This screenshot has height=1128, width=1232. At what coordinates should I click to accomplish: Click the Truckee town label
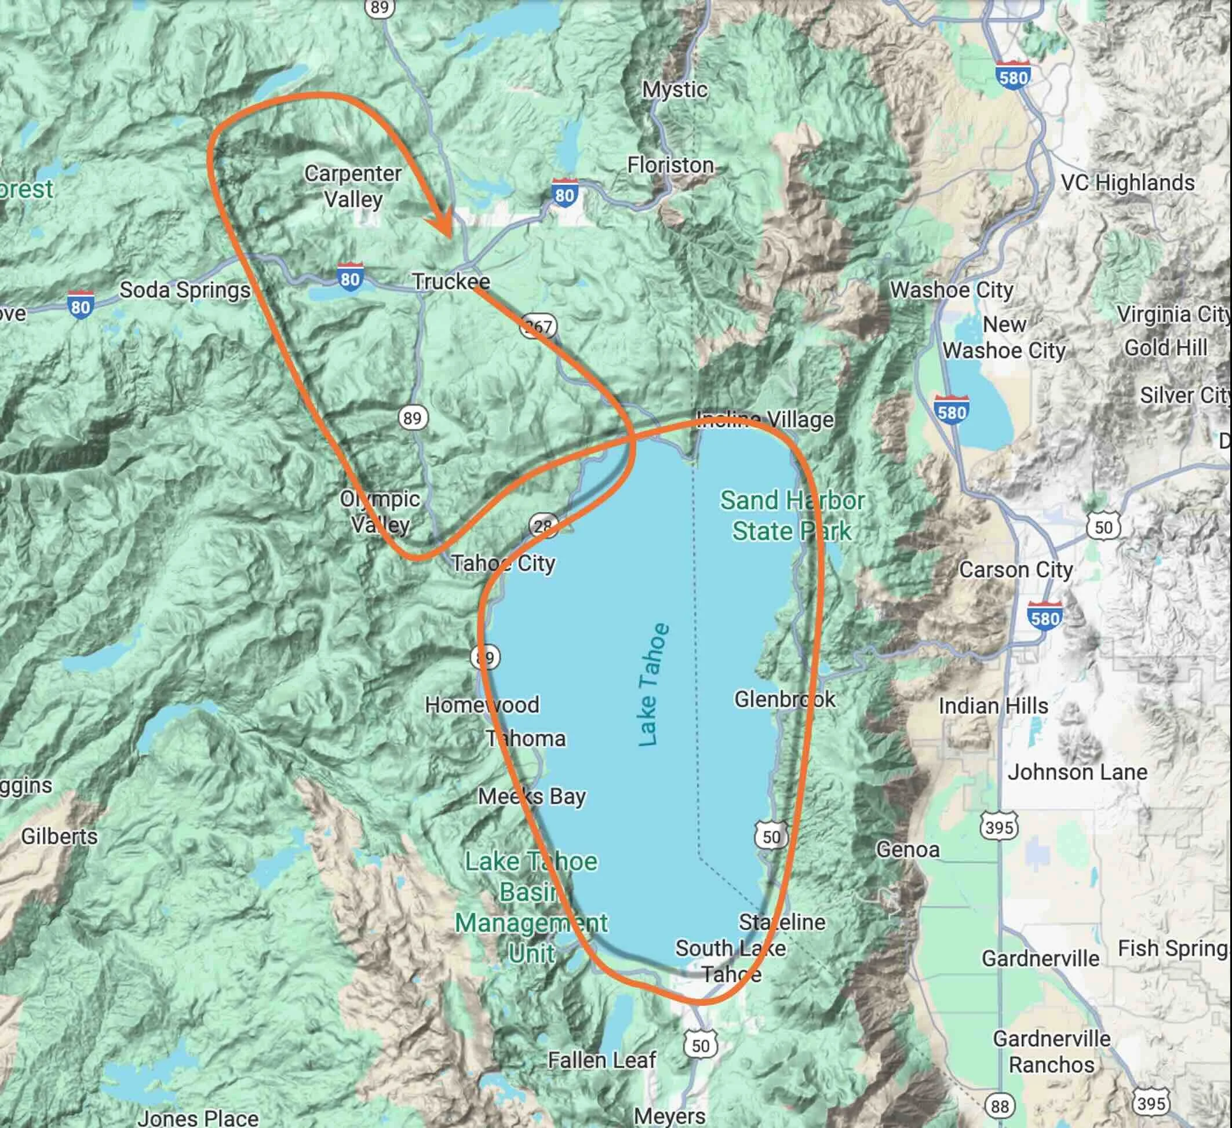coord(451,281)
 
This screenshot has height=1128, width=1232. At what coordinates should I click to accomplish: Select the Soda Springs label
coord(184,290)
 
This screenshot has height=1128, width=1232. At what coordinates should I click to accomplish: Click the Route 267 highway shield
coord(538,326)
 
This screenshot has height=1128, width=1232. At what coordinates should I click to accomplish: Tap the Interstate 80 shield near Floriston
coord(564,194)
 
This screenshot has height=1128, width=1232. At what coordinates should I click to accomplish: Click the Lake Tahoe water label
coord(653,684)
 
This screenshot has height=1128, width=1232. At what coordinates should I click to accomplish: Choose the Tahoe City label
coord(503,563)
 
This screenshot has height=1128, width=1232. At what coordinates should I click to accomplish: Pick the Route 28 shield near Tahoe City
coord(542,525)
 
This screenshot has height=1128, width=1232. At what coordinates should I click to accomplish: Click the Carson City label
coord(1016,570)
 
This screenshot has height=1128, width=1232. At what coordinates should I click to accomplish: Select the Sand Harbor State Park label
coord(792,516)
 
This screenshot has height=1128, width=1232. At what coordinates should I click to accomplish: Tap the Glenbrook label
coord(785,699)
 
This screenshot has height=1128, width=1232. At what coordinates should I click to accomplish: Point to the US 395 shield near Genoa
coord(999,827)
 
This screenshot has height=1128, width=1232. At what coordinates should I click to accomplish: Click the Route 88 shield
coord(1000,1106)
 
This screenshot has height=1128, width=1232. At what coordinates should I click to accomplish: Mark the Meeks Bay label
coord(531,796)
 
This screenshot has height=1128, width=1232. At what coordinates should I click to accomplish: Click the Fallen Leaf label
coord(602,1060)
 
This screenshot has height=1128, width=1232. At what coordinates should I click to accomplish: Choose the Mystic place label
coord(675,90)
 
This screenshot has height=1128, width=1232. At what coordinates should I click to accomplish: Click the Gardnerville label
coord(1040,958)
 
